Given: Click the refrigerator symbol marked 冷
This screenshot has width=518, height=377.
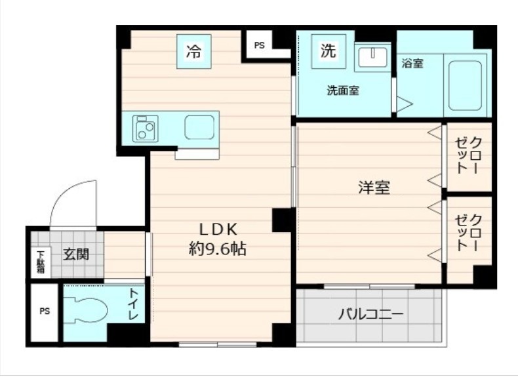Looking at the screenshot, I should [x=194, y=52].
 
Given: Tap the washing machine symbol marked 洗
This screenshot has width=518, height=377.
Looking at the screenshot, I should [x=328, y=50].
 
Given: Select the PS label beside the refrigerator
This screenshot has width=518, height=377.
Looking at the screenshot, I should [x=260, y=45].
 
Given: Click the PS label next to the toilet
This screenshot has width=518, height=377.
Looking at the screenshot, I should [x=44, y=311].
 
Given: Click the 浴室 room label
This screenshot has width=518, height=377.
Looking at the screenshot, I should [x=412, y=64].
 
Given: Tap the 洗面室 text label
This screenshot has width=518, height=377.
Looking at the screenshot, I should [x=343, y=91].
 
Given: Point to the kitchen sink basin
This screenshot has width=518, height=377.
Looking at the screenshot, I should [x=199, y=127].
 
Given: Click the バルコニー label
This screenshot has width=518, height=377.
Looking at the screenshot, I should [x=371, y=314].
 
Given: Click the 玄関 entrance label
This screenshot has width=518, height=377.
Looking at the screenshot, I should [x=75, y=254].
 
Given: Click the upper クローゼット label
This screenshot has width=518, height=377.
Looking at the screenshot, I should [x=469, y=155].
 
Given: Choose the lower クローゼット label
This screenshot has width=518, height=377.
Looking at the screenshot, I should [x=469, y=233].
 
